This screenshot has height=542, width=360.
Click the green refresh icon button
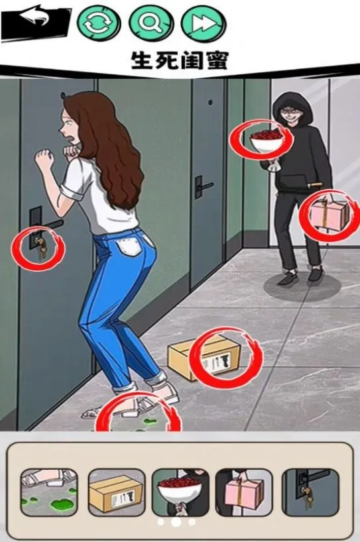point(99,23)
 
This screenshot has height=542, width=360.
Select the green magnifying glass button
point(150,23)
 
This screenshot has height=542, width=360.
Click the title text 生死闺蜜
point(179,60)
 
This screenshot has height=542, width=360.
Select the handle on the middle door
point(202,186)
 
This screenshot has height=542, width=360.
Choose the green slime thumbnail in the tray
point(48,492)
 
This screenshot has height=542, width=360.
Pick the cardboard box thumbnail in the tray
point(116,492)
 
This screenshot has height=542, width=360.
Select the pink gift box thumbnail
point(244,492)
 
